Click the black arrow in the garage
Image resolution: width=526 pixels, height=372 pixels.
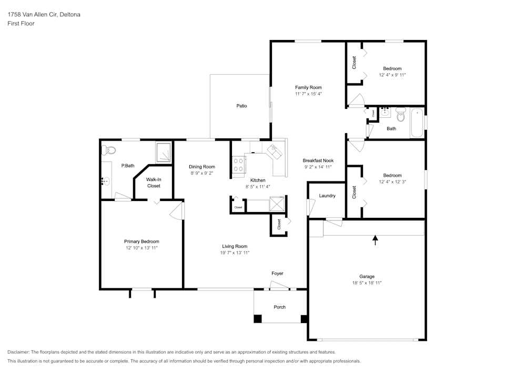tap(375, 240)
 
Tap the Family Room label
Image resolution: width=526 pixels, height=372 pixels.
tap(308, 87)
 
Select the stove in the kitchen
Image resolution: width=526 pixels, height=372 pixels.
tap(238, 165)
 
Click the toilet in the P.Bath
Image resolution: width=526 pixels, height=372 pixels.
tap(109, 149)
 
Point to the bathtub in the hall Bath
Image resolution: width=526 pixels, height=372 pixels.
tap(417, 123)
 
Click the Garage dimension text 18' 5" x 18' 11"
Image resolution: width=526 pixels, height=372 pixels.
tap(367, 283)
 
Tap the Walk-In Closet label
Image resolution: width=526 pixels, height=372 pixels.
tap(154, 183)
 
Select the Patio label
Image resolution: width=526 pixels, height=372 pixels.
tap(241, 106)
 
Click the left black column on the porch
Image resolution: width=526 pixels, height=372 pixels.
tap(258, 319)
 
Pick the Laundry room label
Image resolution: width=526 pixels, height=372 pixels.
tap(327, 196)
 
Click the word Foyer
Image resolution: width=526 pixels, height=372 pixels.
tap(277, 274)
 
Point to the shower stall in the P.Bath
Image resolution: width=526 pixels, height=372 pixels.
tap(164, 152)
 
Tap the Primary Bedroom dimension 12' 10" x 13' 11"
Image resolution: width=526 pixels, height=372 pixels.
tap(141, 248)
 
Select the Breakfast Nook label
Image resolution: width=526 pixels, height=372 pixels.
tap(318, 160)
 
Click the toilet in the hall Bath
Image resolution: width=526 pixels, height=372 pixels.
tap(401, 113)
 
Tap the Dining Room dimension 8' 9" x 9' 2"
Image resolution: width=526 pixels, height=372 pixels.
tap(202, 174)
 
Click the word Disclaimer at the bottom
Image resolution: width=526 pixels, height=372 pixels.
tap(19, 352)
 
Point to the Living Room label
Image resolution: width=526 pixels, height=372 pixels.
tap(235, 246)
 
